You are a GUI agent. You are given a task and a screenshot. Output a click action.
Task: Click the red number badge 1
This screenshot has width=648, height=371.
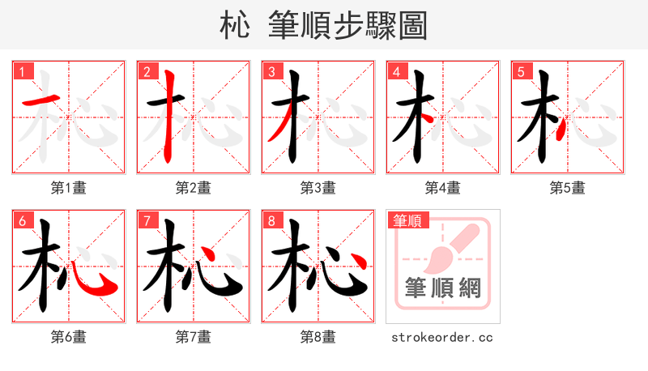23,71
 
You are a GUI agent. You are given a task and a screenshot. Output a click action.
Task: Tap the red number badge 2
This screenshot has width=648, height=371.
147,71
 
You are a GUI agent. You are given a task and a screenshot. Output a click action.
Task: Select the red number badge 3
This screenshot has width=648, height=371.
271,71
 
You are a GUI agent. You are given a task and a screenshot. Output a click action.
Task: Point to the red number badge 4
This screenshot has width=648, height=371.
396,71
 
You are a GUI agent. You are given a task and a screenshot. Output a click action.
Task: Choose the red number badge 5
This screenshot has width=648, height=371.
521,71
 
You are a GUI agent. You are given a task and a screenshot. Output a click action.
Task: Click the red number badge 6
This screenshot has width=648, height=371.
23,220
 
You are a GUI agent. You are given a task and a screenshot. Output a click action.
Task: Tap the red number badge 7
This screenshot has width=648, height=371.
147,220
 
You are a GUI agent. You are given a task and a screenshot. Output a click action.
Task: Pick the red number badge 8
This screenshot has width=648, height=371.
271,220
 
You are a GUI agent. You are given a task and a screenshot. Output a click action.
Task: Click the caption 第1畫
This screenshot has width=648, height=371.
69,188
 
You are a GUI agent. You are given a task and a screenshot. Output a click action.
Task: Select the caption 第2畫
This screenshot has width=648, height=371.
194,188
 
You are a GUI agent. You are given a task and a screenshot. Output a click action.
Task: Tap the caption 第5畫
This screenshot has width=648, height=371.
568,188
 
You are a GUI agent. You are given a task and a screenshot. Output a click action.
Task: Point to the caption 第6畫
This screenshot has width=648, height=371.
69,337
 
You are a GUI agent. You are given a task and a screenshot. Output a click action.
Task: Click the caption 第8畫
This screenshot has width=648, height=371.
318,337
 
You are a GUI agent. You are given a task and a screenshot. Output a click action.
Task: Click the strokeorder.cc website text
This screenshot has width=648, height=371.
442,337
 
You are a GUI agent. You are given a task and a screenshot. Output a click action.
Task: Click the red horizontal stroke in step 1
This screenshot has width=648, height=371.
41,100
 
